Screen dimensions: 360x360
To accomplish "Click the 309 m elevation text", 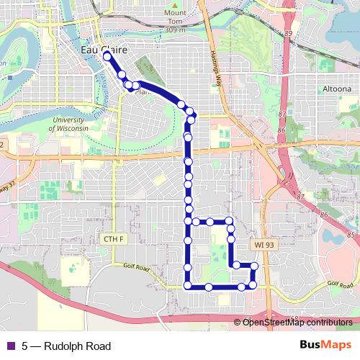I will (174, 31).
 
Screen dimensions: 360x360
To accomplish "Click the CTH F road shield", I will (114, 239).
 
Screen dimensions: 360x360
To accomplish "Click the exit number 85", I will (350, 235).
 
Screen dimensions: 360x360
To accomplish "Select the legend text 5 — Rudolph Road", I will (66, 346).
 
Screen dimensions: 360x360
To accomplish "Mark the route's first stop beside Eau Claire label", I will (107, 55).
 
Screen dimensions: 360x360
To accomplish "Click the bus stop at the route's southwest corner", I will (188, 287).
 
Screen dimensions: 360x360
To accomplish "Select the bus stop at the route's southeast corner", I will (253, 287).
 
